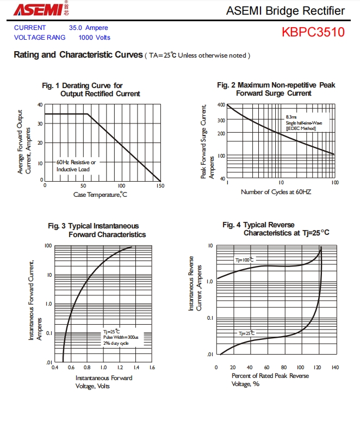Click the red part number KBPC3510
coord(313,32)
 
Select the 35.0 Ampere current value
coord(89,28)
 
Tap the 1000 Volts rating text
coord(95,38)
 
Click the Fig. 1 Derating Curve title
coord(91,90)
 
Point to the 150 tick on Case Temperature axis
coord(160,186)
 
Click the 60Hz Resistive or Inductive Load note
coord(76,166)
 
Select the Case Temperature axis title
coord(100,195)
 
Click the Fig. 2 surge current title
coord(276,89)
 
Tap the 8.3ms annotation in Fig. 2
coord(291,117)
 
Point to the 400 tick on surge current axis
coord(221,105)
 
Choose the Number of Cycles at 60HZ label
coord(276,192)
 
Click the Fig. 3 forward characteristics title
coord(97,230)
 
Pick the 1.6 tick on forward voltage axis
coord(152,368)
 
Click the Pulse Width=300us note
coord(121,337)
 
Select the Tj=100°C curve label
coord(244,260)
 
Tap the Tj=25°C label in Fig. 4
coord(246,333)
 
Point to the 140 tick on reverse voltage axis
coord(336,368)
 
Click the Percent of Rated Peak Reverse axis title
coord(270,376)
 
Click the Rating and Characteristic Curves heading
coord(78,55)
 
